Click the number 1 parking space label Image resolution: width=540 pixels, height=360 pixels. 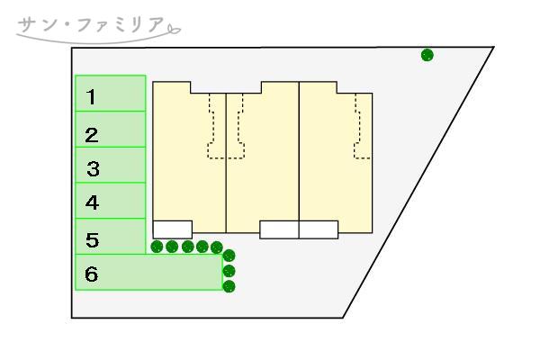point(91,95)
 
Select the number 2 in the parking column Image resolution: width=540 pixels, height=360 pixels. point(91,136)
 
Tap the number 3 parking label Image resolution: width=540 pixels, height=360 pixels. point(92,168)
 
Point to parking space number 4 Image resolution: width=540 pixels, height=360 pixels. point(92,203)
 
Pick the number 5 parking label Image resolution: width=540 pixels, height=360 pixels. point(92,240)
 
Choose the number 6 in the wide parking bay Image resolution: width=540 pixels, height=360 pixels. point(91,274)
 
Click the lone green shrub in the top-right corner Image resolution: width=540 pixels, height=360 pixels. point(427,55)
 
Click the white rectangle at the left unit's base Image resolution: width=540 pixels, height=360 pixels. point(172,229)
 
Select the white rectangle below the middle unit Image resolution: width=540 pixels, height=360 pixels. point(279,229)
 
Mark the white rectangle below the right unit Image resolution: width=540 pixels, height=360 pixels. point(318,229)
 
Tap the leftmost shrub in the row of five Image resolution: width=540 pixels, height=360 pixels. point(157,247)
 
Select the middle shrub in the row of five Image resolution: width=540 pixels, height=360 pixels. point(187,247)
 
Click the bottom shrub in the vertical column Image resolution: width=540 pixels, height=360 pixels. point(229,286)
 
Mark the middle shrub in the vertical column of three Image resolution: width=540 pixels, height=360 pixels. point(229,271)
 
